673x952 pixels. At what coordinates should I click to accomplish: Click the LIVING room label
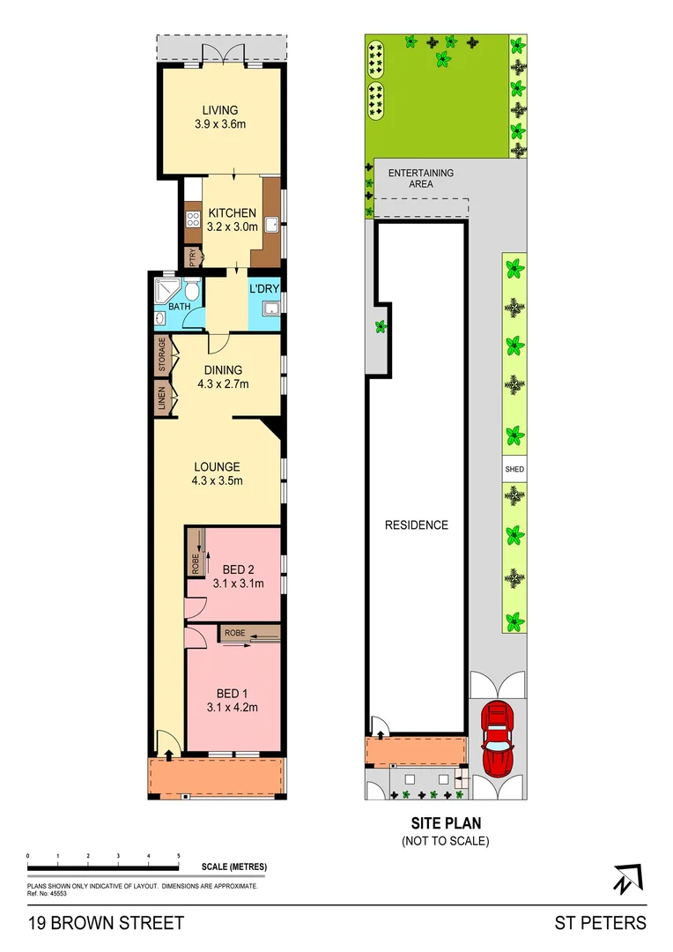click(220, 110)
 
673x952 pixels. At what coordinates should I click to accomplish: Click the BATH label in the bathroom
click(179, 307)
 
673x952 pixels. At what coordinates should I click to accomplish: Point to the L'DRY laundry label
click(264, 289)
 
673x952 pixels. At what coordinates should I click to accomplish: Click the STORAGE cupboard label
click(162, 354)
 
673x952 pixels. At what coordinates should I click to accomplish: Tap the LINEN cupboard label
click(162, 399)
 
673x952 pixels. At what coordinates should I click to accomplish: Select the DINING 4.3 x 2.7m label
click(223, 376)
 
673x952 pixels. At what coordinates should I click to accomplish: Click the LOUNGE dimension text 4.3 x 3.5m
click(217, 481)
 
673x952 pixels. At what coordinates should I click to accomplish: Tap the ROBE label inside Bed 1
click(234, 633)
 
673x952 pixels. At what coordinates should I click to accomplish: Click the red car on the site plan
click(498, 738)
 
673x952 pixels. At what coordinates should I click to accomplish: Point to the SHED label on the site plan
click(514, 470)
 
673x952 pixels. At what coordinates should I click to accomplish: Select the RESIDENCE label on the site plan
click(417, 525)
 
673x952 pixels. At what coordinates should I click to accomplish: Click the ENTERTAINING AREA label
click(421, 178)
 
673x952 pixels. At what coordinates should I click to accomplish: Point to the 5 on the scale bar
click(179, 856)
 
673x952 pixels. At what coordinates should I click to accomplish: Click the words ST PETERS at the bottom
click(600, 923)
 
